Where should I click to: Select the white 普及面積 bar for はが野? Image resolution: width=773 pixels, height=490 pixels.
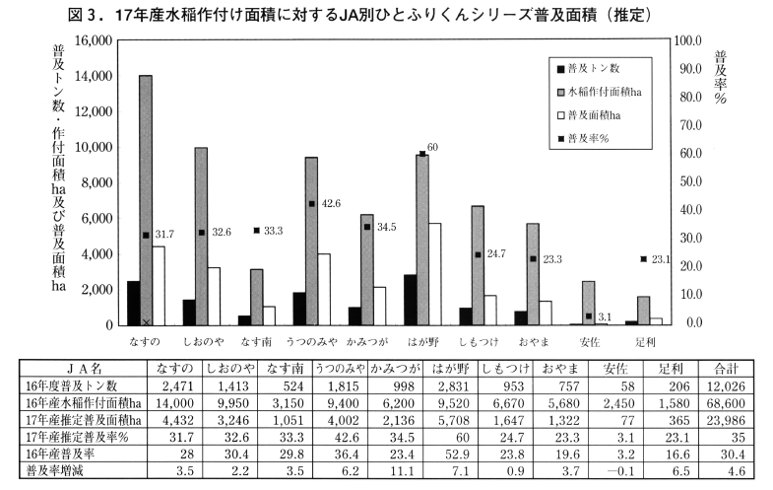point(434,274)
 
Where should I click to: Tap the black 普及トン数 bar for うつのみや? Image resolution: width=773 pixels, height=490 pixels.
point(299,309)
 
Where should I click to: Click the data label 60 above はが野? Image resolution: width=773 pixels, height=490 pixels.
point(432,147)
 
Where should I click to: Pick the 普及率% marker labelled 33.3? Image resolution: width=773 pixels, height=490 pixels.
point(256,231)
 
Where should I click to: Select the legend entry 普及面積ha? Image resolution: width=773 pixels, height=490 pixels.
point(600,115)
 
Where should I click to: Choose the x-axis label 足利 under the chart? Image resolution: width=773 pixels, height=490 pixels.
point(644,342)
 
